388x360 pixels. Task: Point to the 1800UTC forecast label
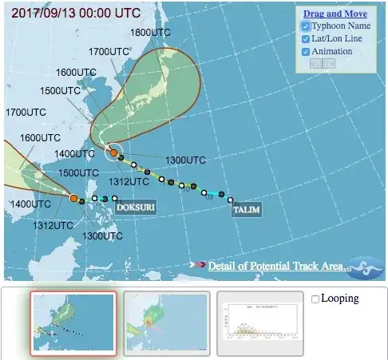click(x=150, y=33)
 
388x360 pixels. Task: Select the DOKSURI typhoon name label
click(x=135, y=208)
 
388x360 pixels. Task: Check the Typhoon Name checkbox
click(x=306, y=26)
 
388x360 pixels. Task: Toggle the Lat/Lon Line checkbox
click(x=306, y=39)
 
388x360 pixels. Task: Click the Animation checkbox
click(x=306, y=52)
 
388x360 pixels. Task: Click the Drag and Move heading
click(x=335, y=14)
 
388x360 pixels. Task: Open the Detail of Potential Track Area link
click(x=279, y=266)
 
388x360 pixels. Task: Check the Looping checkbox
click(x=315, y=299)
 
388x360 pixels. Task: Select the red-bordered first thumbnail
click(x=73, y=322)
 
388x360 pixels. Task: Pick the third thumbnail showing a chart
click(x=259, y=322)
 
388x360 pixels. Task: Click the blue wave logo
click(x=367, y=267)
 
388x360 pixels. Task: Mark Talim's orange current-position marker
click(x=114, y=152)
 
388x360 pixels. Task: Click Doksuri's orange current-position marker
click(x=73, y=198)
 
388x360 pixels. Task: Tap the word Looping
click(x=339, y=299)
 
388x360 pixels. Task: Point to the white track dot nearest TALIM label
click(x=230, y=200)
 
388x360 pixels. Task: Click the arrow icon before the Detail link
click(x=198, y=265)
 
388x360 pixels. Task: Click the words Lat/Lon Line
click(x=338, y=38)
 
